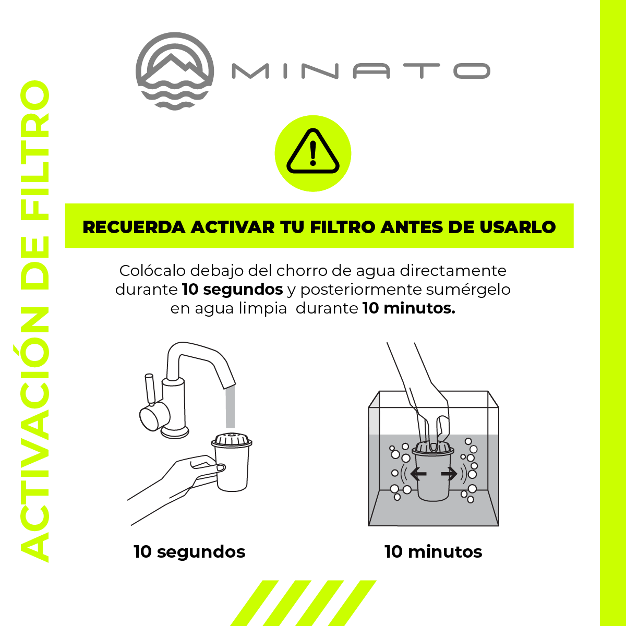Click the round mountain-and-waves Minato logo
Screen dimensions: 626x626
(x=175, y=71)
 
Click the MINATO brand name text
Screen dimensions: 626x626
(x=361, y=71)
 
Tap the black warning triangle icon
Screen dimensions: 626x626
(x=313, y=151)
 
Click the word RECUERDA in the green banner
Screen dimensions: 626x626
(x=134, y=227)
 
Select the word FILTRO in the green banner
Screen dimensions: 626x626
(x=343, y=227)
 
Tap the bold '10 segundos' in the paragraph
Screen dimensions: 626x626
(x=232, y=290)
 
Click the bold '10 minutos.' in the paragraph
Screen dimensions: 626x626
(x=408, y=308)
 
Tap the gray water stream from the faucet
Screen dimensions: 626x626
(x=230, y=406)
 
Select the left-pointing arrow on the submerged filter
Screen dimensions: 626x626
(x=418, y=474)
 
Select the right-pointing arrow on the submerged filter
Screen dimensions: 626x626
(x=449, y=474)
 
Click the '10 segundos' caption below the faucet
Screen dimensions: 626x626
(x=189, y=552)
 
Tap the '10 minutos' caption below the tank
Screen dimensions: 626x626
(x=434, y=552)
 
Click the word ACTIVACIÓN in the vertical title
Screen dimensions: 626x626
(x=35, y=435)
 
